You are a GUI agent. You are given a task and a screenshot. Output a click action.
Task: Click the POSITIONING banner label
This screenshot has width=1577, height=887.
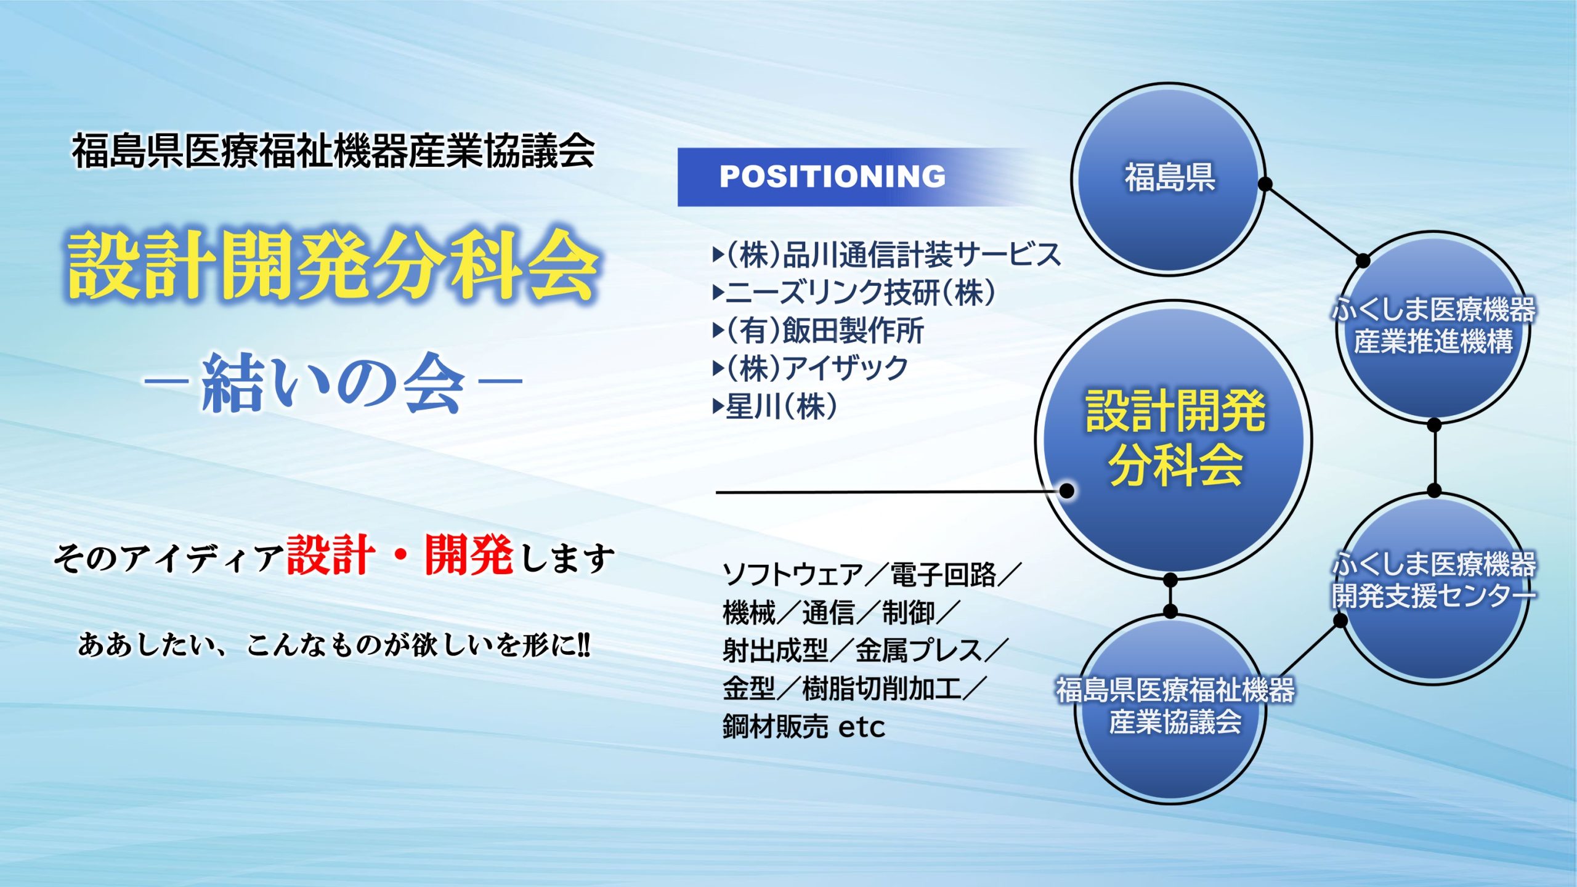832,176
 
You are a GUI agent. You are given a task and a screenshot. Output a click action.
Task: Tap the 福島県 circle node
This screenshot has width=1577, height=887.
1169,179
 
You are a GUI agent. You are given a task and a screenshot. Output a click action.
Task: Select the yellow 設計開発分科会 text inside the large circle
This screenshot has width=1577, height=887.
1175,437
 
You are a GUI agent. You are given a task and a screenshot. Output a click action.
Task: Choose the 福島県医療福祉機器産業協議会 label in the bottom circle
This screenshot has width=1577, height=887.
1175,705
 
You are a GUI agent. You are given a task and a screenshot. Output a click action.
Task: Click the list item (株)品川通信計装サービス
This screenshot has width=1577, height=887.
887,254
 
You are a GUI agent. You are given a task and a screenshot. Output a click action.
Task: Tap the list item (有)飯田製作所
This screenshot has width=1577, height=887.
819,331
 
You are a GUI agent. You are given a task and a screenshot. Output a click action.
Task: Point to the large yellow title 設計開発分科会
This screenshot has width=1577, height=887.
333,265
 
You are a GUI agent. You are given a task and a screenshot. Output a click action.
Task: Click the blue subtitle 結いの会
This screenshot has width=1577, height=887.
333,383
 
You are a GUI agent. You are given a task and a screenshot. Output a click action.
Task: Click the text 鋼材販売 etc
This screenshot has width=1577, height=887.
804,727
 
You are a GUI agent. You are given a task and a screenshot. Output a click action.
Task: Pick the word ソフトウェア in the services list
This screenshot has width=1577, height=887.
793,575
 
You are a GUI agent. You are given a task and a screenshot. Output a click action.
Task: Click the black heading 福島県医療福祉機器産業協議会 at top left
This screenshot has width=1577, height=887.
333,151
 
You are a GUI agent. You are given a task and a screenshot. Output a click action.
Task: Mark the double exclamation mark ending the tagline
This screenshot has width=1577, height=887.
583,645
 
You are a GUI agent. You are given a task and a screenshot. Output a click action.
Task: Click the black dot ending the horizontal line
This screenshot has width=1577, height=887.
1066,491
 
